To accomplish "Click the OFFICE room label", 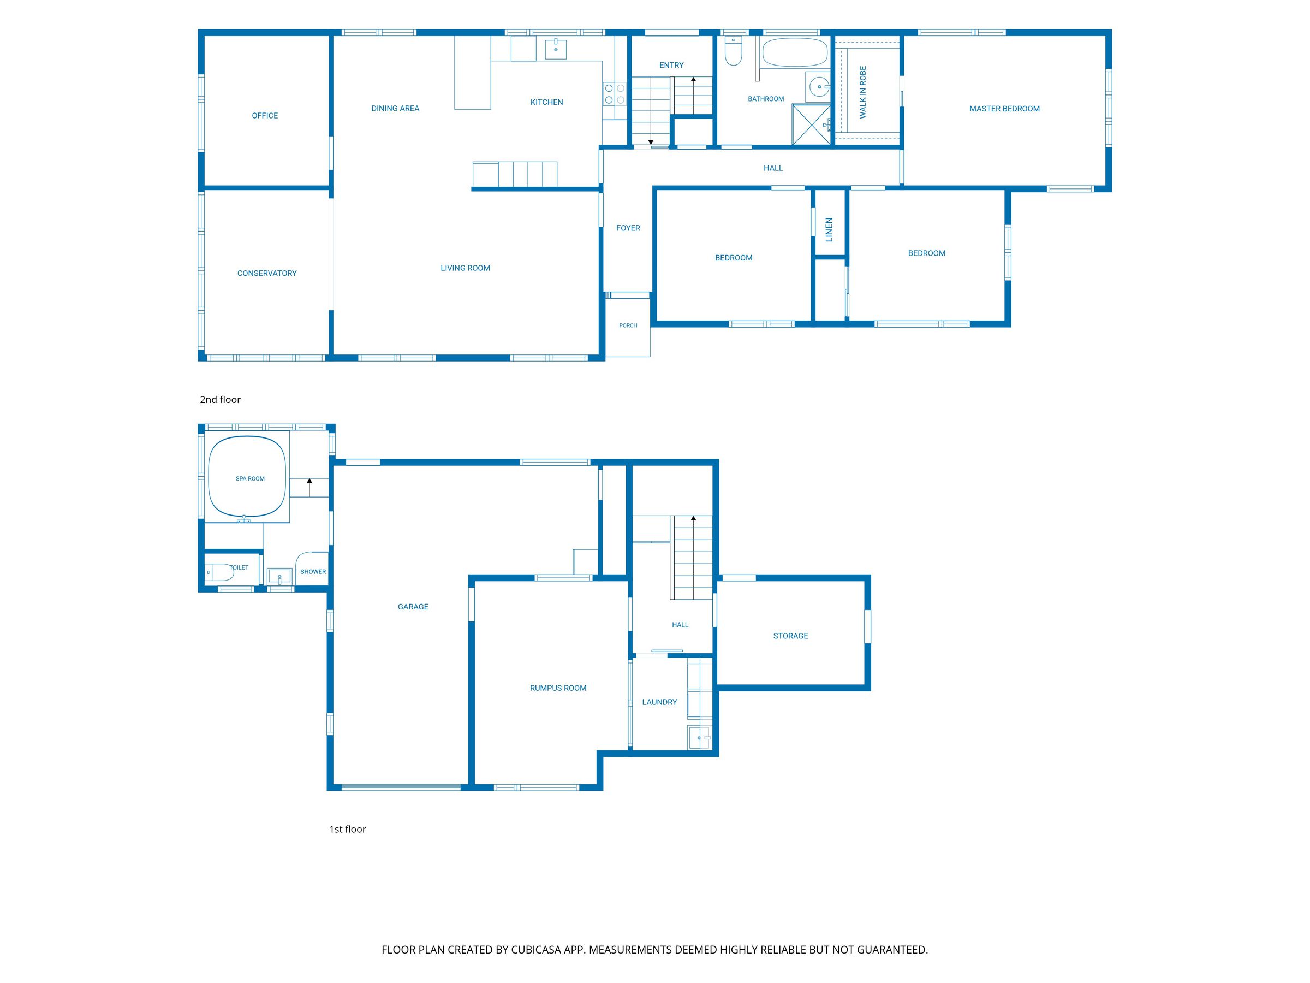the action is pyautogui.click(x=265, y=116).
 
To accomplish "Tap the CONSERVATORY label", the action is pyautogui.click(x=267, y=273).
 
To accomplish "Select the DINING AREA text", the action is pyautogui.click(x=395, y=109).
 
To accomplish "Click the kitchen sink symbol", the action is pyautogui.click(x=556, y=49).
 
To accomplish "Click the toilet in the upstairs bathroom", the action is pyautogui.click(x=733, y=51).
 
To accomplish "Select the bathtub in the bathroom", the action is pyautogui.click(x=795, y=52).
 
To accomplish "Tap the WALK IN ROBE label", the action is pyautogui.click(x=863, y=92).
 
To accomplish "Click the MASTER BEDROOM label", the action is pyautogui.click(x=1004, y=109).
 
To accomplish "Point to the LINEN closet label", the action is pyautogui.click(x=829, y=230).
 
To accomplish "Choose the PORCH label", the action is pyautogui.click(x=628, y=325).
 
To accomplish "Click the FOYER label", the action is pyautogui.click(x=628, y=228).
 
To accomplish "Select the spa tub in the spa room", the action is pyautogui.click(x=248, y=477).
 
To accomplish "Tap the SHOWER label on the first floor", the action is pyautogui.click(x=313, y=572).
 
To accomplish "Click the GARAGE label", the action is pyautogui.click(x=413, y=607).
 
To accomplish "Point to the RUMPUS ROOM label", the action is pyautogui.click(x=558, y=688).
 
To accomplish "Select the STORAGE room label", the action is pyautogui.click(x=790, y=636).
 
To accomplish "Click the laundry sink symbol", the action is pyautogui.click(x=699, y=738).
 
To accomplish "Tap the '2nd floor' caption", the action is pyautogui.click(x=221, y=399).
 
